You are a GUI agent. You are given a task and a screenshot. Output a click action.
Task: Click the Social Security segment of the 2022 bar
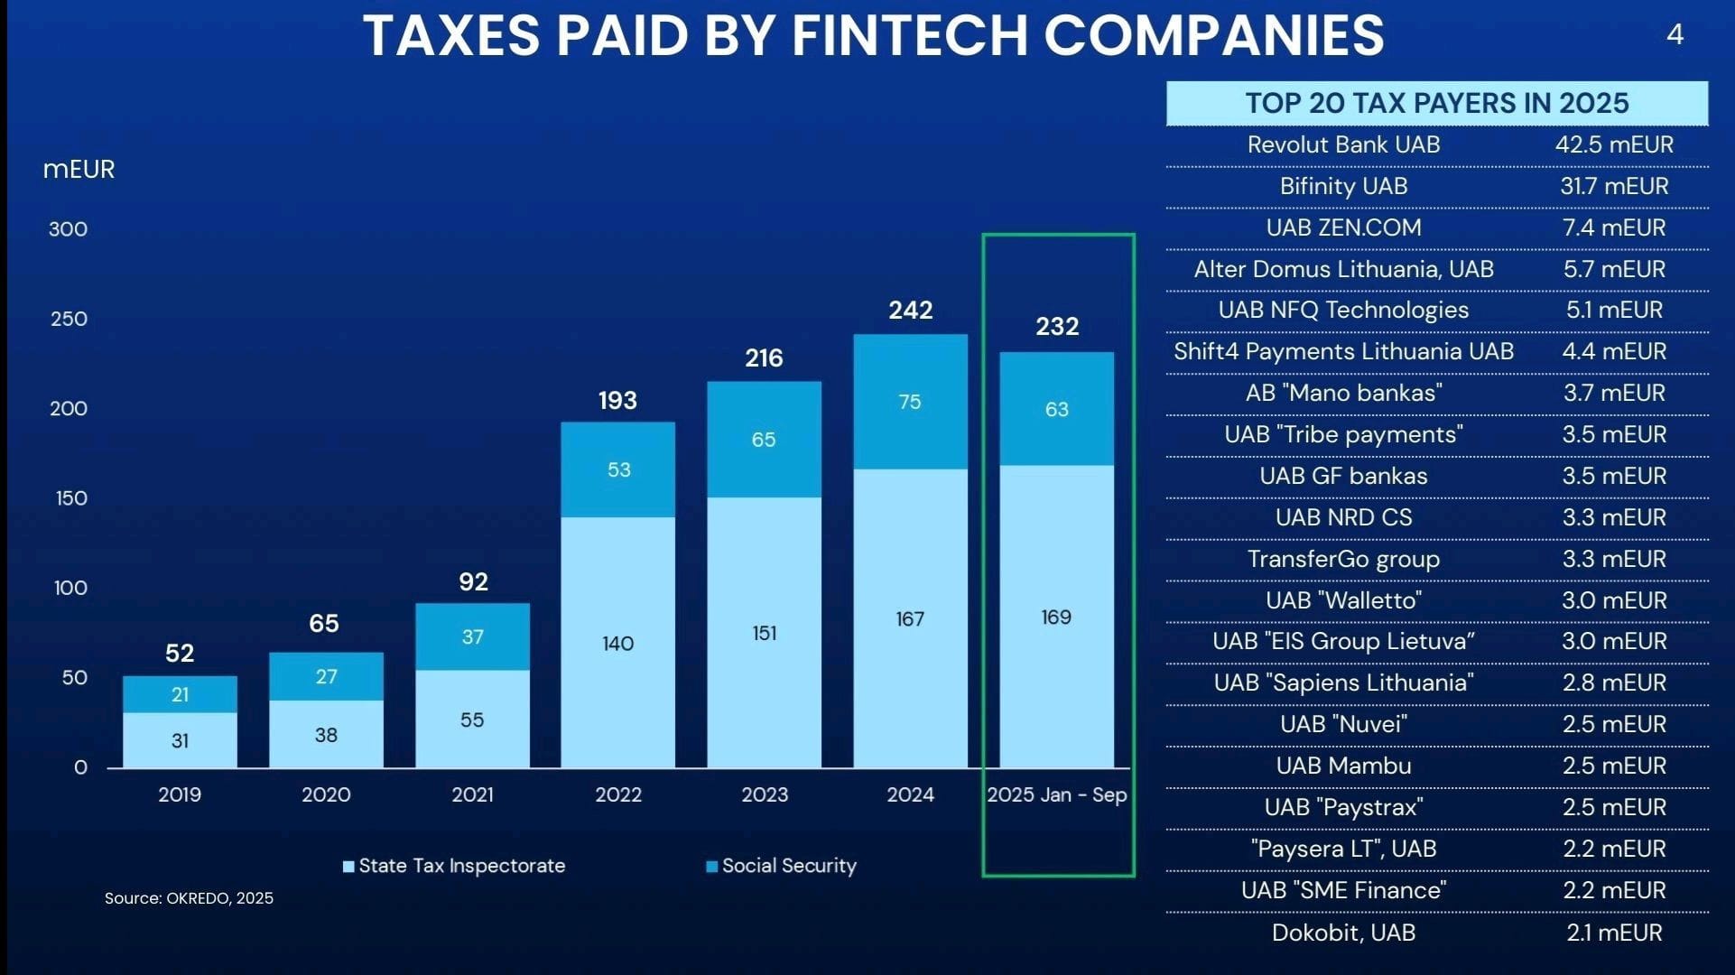pyautogui.click(x=617, y=469)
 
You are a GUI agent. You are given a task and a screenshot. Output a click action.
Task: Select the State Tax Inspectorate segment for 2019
pyautogui.click(x=180, y=740)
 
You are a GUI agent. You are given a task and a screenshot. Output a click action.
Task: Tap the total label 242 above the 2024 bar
pyautogui.click(x=910, y=311)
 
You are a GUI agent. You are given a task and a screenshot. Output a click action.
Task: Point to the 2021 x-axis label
pyautogui.click(x=472, y=794)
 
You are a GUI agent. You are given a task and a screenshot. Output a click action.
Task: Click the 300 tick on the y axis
pyautogui.click(x=69, y=229)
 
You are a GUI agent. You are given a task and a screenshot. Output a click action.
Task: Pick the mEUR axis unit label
pyautogui.click(x=79, y=170)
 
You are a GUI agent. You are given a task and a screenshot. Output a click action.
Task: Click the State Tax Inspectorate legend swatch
pyautogui.click(x=348, y=867)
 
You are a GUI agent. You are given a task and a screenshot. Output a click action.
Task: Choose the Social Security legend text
pyautogui.click(x=789, y=866)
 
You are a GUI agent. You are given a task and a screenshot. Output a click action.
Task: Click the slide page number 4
pyautogui.click(x=1675, y=35)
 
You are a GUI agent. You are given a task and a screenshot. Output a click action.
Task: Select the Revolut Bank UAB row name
pyautogui.click(x=1343, y=144)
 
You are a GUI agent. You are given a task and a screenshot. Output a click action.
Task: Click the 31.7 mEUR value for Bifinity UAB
pyautogui.click(x=1614, y=186)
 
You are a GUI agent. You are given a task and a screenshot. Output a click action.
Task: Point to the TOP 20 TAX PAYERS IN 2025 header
pyautogui.click(x=1436, y=103)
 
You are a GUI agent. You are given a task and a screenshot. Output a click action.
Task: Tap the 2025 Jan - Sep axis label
pyautogui.click(x=1056, y=794)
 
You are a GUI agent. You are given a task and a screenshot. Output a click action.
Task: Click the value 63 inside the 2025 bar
pyautogui.click(x=1056, y=410)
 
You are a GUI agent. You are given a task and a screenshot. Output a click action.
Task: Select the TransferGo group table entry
pyautogui.click(x=1343, y=559)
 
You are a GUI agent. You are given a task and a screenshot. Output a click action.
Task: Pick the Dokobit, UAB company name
pyautogui.click(x=1343, y=933)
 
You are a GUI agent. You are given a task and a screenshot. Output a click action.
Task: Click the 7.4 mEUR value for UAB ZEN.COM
pyautogui.click(x=1614, y=227)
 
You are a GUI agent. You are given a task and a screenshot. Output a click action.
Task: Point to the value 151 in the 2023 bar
pyautogui.click(x=764, y=634)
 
